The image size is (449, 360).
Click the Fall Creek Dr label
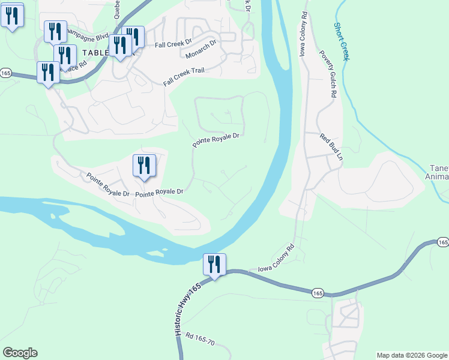172,44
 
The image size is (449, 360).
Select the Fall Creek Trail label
184,76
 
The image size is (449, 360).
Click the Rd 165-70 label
200,340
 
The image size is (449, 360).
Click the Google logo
20,353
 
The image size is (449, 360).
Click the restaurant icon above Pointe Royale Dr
144,166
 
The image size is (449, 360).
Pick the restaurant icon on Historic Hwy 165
214,265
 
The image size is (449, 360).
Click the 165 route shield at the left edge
6,73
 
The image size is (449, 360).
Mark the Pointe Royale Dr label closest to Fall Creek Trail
216,140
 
